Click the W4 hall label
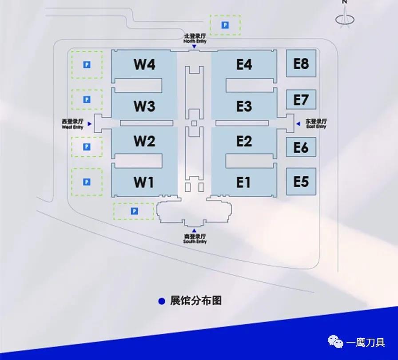(144, 65)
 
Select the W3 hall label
(144, 107)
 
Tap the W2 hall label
(144, 142)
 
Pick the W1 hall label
(144, 182)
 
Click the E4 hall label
(244, 65)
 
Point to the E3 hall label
(244, 107)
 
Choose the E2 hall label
(244, 142)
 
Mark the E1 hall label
(244, 182)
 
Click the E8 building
(301, 63)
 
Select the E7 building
(301, 100)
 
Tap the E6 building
(301, 147)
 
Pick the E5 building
(301, 181)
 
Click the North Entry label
(195, 39)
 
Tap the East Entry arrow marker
(298, 124)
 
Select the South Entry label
(195, 239)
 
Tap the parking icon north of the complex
(225, 25)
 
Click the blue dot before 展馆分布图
(162, 301)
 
